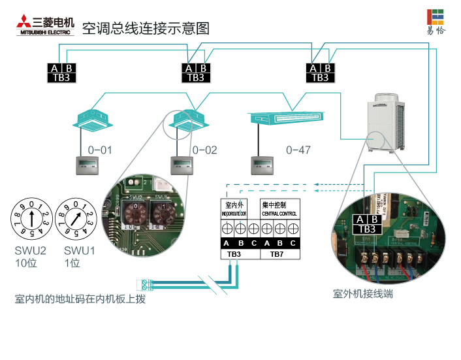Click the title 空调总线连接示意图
click(x=146, y=28)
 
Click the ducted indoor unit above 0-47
click(x=285, y=118)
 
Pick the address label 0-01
click(x=100, y=150)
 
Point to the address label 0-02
click(x=204, y=150)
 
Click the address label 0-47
click(x=298, y=150)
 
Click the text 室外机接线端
click(x=362, y=294)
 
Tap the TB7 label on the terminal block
click(x=277, y=254)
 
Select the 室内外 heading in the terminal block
click(x=234, y=205)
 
